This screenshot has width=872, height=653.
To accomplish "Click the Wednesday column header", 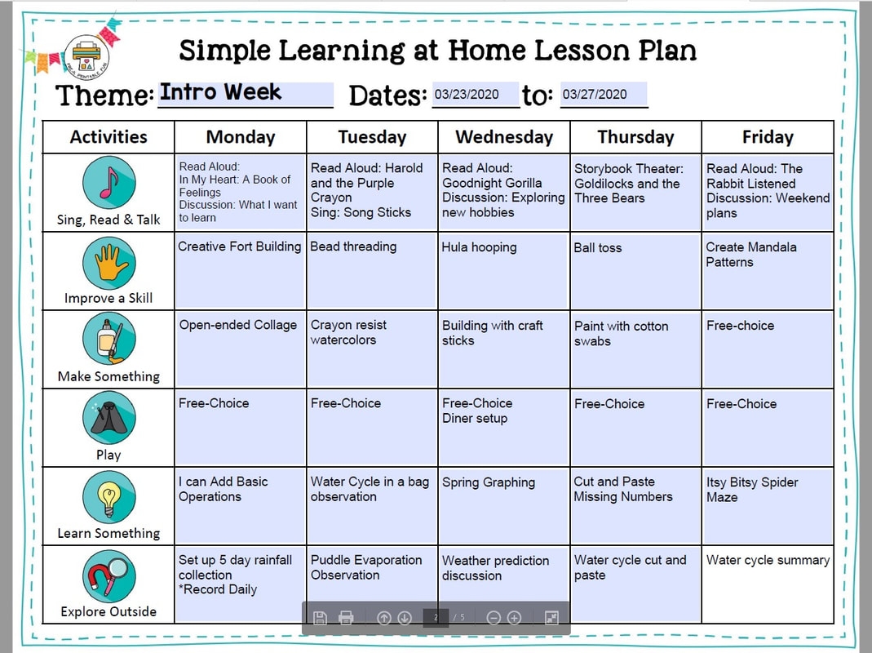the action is coord(504,137).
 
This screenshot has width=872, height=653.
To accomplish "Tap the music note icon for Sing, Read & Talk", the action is coord(109,183).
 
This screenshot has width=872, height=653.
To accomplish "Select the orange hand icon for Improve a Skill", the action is coord(109,263).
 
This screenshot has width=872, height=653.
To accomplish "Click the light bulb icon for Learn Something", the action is coord(109,497).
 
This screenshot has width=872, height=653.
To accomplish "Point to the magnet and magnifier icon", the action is coord(109,576).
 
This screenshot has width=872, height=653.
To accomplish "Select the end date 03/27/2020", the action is coord(604,94).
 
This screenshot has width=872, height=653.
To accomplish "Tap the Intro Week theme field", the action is coord(246,94).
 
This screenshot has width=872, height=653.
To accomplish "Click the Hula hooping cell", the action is coord(504,270).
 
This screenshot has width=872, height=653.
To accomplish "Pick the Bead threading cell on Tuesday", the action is coord(372,270).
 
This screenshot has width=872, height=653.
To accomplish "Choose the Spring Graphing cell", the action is coord(504,506).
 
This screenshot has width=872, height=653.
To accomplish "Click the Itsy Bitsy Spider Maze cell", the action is coord(768,506).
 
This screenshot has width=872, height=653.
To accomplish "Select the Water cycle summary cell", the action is coord(768,584).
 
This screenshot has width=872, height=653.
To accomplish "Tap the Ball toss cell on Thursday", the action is coord(635,270).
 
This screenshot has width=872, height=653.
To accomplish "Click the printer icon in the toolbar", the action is coord(346,617).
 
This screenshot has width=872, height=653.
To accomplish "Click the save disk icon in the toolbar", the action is coord(320,617).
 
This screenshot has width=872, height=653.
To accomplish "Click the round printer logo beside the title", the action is coord(86,56).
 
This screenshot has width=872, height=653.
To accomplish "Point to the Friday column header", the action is coord(768,137).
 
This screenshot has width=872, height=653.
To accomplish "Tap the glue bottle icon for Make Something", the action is coord(109,339).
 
